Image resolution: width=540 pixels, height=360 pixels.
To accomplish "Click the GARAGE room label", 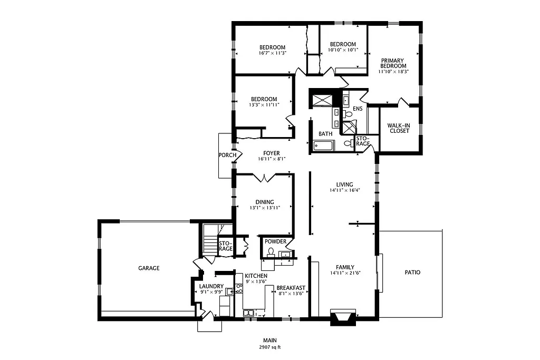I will tap(149, 268).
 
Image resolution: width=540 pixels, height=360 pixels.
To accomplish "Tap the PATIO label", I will tap(412, 273).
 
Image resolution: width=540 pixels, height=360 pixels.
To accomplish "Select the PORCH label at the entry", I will tap(227, 155).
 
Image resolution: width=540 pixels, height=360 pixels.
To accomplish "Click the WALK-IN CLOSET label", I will tap(399, 128).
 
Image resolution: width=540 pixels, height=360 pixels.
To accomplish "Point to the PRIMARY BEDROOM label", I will tap(393, 63).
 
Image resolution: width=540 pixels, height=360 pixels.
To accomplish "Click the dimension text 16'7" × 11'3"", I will tap(272, 53).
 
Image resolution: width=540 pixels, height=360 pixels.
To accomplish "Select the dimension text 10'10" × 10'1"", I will tap(343, 50).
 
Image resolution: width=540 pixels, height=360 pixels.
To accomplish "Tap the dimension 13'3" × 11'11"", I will tap(264, 105).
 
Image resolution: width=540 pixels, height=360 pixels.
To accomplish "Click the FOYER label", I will tap(272, 153).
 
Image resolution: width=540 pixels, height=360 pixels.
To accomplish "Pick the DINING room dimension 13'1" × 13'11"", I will tap(265, 208).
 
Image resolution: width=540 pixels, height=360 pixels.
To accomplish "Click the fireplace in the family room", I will tap(343, 317).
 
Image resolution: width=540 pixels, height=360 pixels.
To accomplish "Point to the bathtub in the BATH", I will tap(323, 146).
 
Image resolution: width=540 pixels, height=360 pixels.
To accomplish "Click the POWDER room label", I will tap(275, 242).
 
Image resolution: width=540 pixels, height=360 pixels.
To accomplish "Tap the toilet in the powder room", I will tap(271, 252).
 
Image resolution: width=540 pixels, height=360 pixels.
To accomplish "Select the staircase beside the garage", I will tap(210, 244).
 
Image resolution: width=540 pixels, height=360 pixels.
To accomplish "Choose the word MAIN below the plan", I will tap(269, 340).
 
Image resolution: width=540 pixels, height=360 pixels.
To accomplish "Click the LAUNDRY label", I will tap(211, 287).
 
